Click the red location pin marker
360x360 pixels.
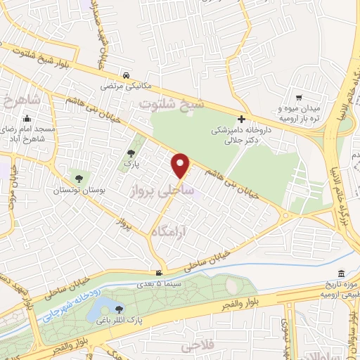point(181,166)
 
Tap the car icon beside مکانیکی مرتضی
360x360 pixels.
point(125,75)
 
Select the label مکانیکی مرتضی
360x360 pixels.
point(126,86)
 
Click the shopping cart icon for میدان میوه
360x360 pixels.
point(299,98)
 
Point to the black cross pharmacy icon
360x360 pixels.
point(242,120)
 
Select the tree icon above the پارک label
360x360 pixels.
point(131,154)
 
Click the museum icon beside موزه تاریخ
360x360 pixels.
point(341,273)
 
